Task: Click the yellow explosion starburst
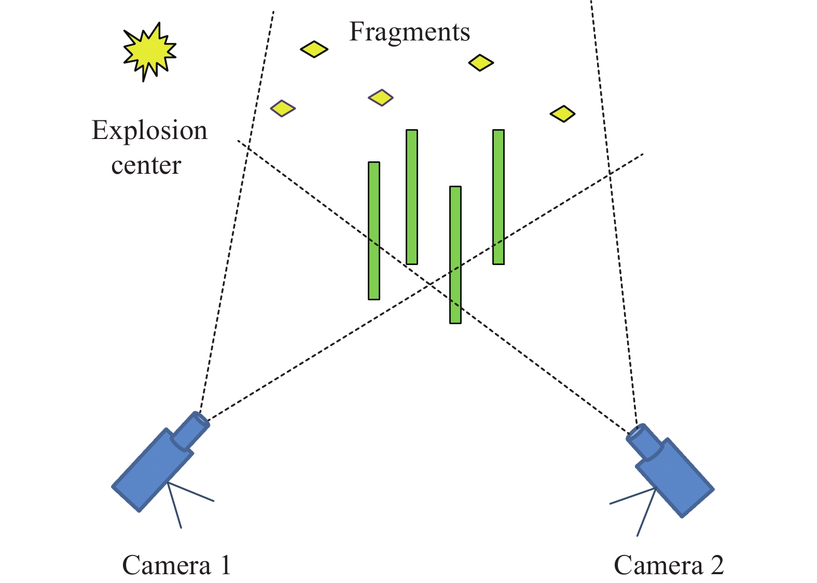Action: (149, 51)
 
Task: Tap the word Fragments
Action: (409, 32)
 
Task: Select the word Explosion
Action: (149, 131)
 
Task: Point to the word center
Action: (146, 165)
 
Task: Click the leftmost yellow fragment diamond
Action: (283, 108)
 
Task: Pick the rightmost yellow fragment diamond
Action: (563, 114)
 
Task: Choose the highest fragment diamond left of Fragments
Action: (314, 49)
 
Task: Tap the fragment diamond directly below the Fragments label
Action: (381, 98)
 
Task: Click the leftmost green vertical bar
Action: (374, 231)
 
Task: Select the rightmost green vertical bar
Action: (498, 197)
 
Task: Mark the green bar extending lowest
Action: (455, 255)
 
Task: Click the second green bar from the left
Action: (412, 197)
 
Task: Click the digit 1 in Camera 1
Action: (225, 565)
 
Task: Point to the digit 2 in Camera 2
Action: (717, 565)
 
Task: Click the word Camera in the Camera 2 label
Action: (658, 565)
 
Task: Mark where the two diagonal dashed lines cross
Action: (430, 284)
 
